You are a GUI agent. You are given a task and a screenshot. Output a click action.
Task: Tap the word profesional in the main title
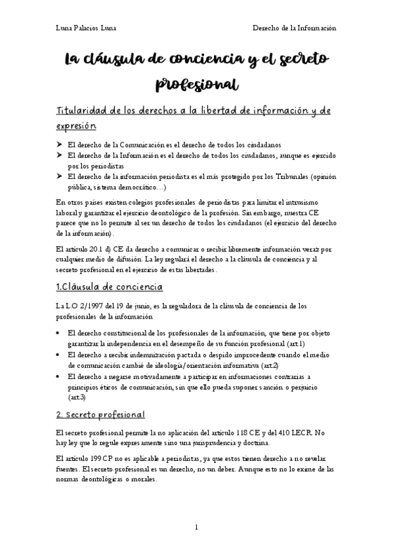pos(196,85)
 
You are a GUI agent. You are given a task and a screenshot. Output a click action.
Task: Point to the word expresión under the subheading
pos(76,125)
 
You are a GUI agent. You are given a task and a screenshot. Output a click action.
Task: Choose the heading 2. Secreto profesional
pos(100,415)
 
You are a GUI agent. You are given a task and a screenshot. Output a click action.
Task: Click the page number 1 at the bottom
pos(196,526)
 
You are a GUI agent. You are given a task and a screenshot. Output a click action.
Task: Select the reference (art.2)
pos(266,365)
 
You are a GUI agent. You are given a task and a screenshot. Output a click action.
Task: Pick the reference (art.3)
pos(77,397)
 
